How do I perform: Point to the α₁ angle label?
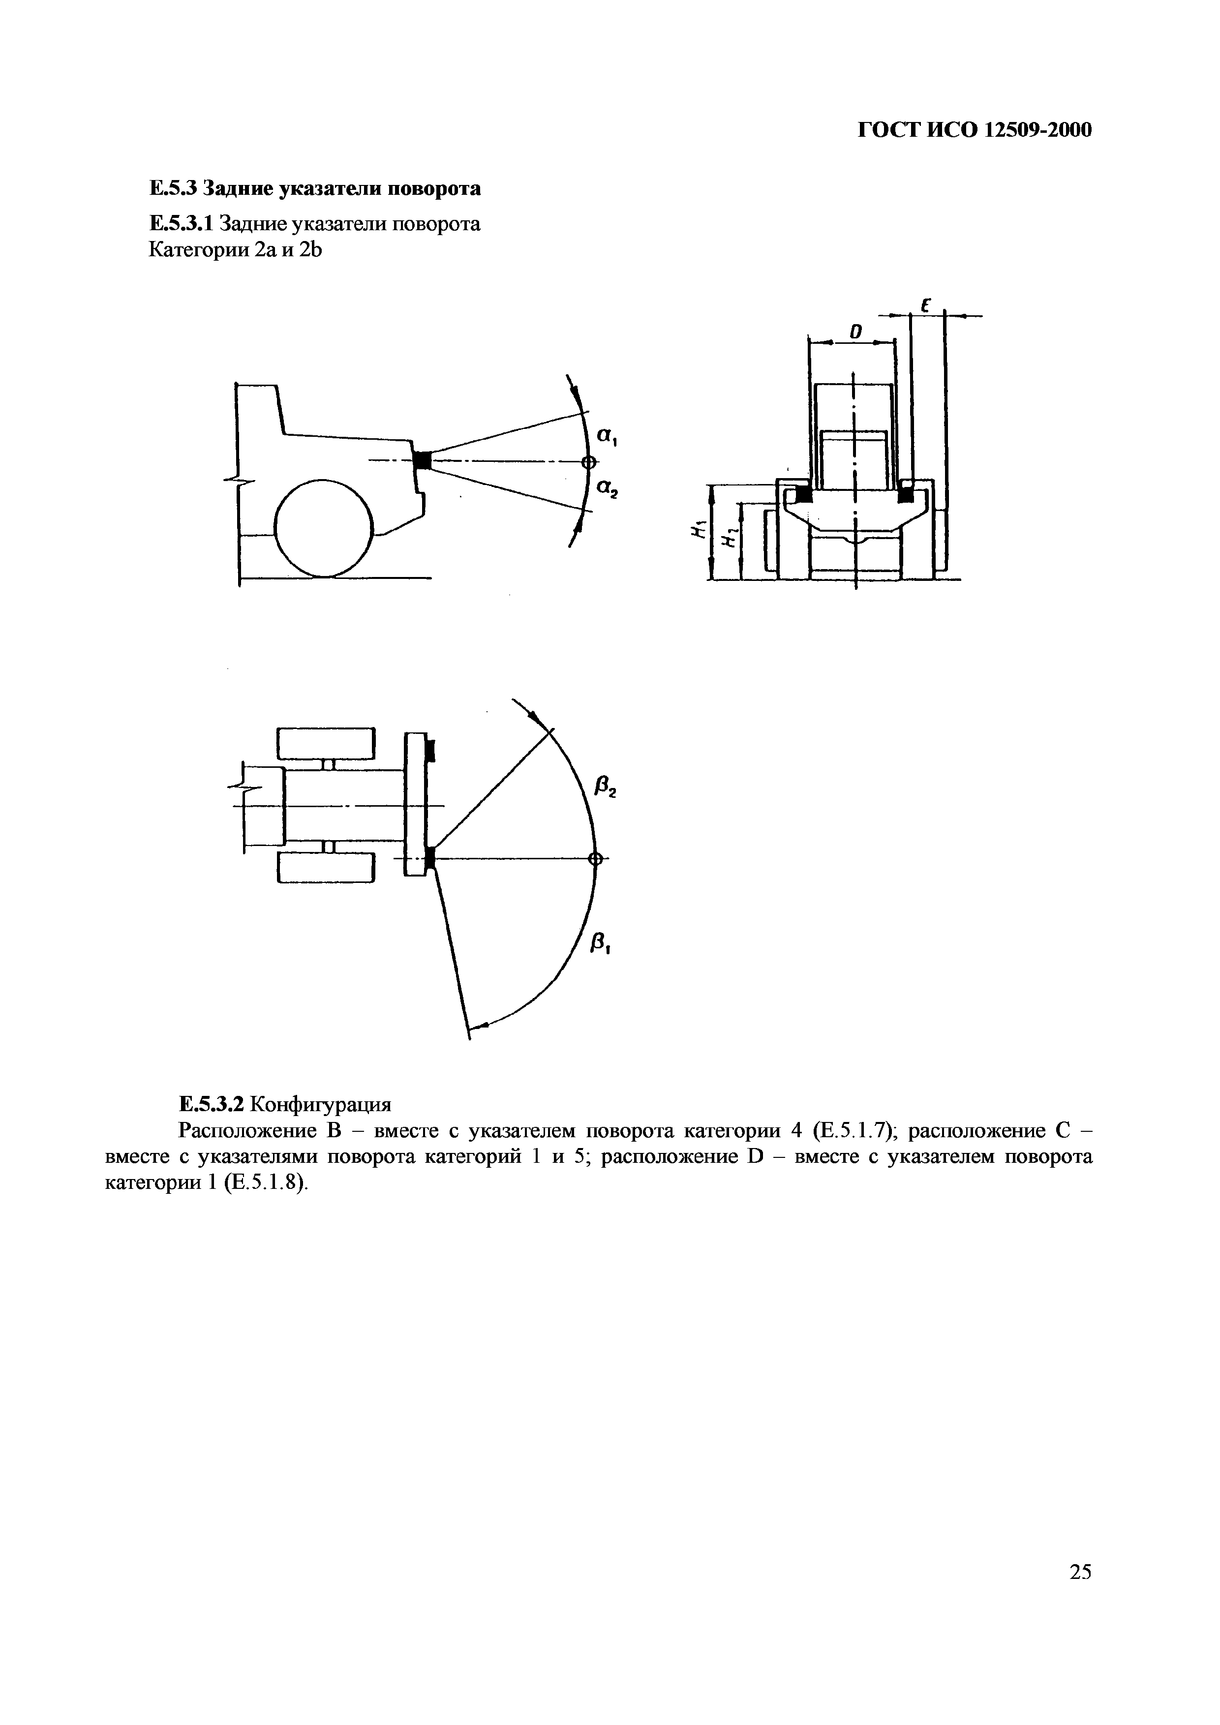[606, 436]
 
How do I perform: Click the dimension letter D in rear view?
[854, 331]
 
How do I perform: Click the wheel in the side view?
[325, 528]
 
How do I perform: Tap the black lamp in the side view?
[422, 460]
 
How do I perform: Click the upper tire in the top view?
[326, 743]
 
